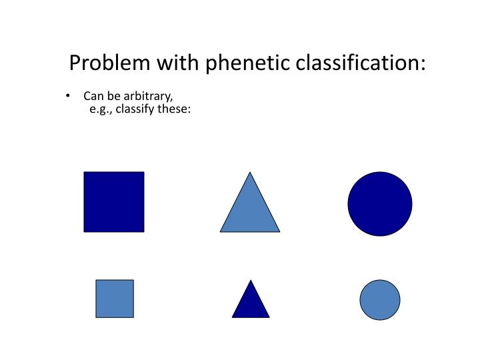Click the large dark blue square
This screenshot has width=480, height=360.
tap(113, 202)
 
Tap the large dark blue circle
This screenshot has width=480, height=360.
tap(380, 204)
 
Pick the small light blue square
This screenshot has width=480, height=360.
tap(115, 299)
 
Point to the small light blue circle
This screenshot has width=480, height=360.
tap(380, 299)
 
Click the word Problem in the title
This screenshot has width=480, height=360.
tap(111, 63)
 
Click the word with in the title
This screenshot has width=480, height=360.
tap(178, 63)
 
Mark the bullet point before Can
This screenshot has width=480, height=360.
tap(69, 97)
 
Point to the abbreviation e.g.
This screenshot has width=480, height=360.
tap(100, 109)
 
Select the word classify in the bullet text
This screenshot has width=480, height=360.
tap(135, 109)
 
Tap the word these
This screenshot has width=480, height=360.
tap(175, 109)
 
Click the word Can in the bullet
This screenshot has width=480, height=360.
tap(93, 97)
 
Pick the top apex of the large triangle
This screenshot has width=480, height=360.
tap(250, 173)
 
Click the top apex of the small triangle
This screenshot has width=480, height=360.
tap(251, 281)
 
